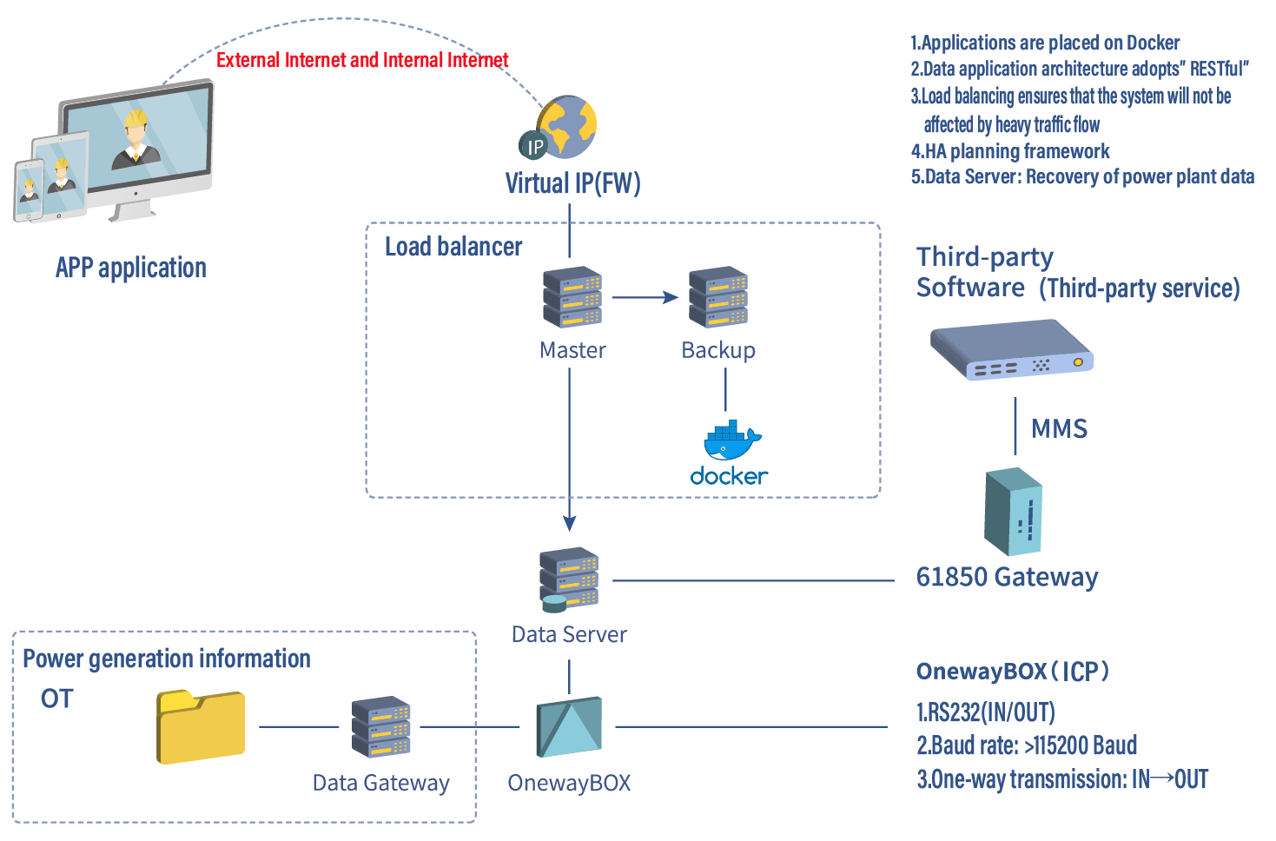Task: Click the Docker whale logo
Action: point(731,440)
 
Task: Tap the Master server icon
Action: point(572,297)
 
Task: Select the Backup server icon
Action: point(718,297)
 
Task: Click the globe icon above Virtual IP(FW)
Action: point(566,127)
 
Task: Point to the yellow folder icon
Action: point(201,726)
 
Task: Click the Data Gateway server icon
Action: point(380,726)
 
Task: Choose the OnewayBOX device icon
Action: point(569,726)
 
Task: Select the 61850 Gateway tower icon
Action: point(1013,512)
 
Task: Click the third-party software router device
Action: point(1011,349)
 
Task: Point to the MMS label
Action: point(1059,429)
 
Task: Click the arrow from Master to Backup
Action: point(645,297)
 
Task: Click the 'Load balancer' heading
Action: point(453,247)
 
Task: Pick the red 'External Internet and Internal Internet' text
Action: point(362,60)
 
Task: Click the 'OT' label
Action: point(57,699)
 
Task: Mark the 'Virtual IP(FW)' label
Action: point(572,183)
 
